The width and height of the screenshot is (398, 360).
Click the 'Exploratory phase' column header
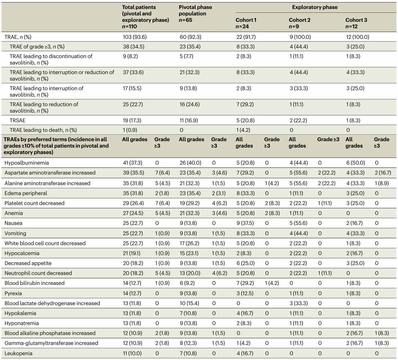315,7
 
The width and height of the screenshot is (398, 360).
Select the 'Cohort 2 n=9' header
300,23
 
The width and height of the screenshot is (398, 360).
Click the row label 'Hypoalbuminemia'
27,163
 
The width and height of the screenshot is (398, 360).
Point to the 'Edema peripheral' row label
26,193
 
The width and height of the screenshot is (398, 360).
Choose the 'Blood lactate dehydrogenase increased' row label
52,303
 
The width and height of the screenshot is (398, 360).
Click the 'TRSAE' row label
17,120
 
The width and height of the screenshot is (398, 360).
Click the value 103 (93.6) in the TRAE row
135,37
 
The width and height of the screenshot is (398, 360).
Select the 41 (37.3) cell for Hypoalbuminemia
133,163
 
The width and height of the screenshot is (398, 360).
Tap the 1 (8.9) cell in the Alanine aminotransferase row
382,184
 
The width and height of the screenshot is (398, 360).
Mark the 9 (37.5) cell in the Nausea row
245,223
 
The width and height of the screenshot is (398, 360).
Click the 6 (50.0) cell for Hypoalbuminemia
356,163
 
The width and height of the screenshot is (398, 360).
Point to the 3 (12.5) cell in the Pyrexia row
245,293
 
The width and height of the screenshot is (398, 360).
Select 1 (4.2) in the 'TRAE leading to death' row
243,130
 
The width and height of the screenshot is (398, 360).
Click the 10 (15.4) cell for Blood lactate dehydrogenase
190,303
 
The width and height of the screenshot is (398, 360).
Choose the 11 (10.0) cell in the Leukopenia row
132,353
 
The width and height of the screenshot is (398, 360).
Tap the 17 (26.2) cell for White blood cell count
190,243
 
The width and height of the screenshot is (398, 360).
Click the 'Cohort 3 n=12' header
356,23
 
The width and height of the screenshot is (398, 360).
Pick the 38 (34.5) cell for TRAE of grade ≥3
134,47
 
